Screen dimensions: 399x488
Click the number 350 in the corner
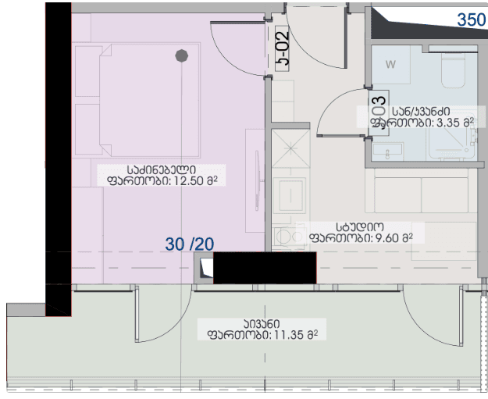[x=471, y=20]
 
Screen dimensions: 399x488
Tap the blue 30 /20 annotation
[x=190, y=244]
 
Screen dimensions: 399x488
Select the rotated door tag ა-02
[x=282, y=48]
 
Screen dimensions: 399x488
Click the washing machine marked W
[x=390, y=65]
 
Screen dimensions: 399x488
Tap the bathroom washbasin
[x=383, y=148]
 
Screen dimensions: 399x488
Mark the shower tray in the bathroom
[x=449, y=141]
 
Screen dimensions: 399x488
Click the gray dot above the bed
[x=182, y=55]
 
